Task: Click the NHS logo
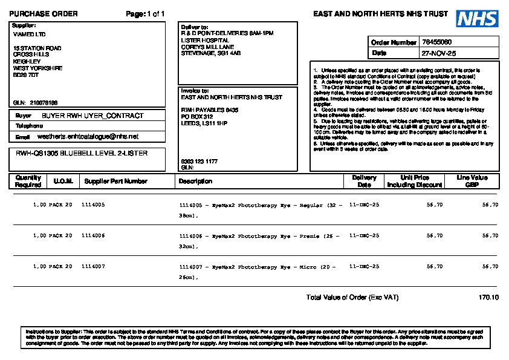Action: (x=477, y=19)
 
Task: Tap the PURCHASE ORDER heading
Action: (x=44, y=14)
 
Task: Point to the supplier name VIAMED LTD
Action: (x=29, y=34)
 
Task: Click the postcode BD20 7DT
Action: (x=25, y=75)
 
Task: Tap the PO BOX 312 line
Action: (x=197, y=116)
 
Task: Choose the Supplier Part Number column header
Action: (x=115, y=181)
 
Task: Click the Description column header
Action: (x=195, y=181)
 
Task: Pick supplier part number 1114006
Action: (x=93, y=235)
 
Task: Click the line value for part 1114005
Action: (x=490, y=205)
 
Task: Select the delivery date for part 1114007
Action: (x=365, y=266)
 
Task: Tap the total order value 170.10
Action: (x=488, y=298)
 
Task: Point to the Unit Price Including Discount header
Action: (x=415, y=181)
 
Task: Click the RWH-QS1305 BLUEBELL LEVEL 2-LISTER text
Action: (x=82, y=154)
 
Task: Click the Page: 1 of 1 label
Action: (x=145, y=14)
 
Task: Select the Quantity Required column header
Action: (x=28, y=181)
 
